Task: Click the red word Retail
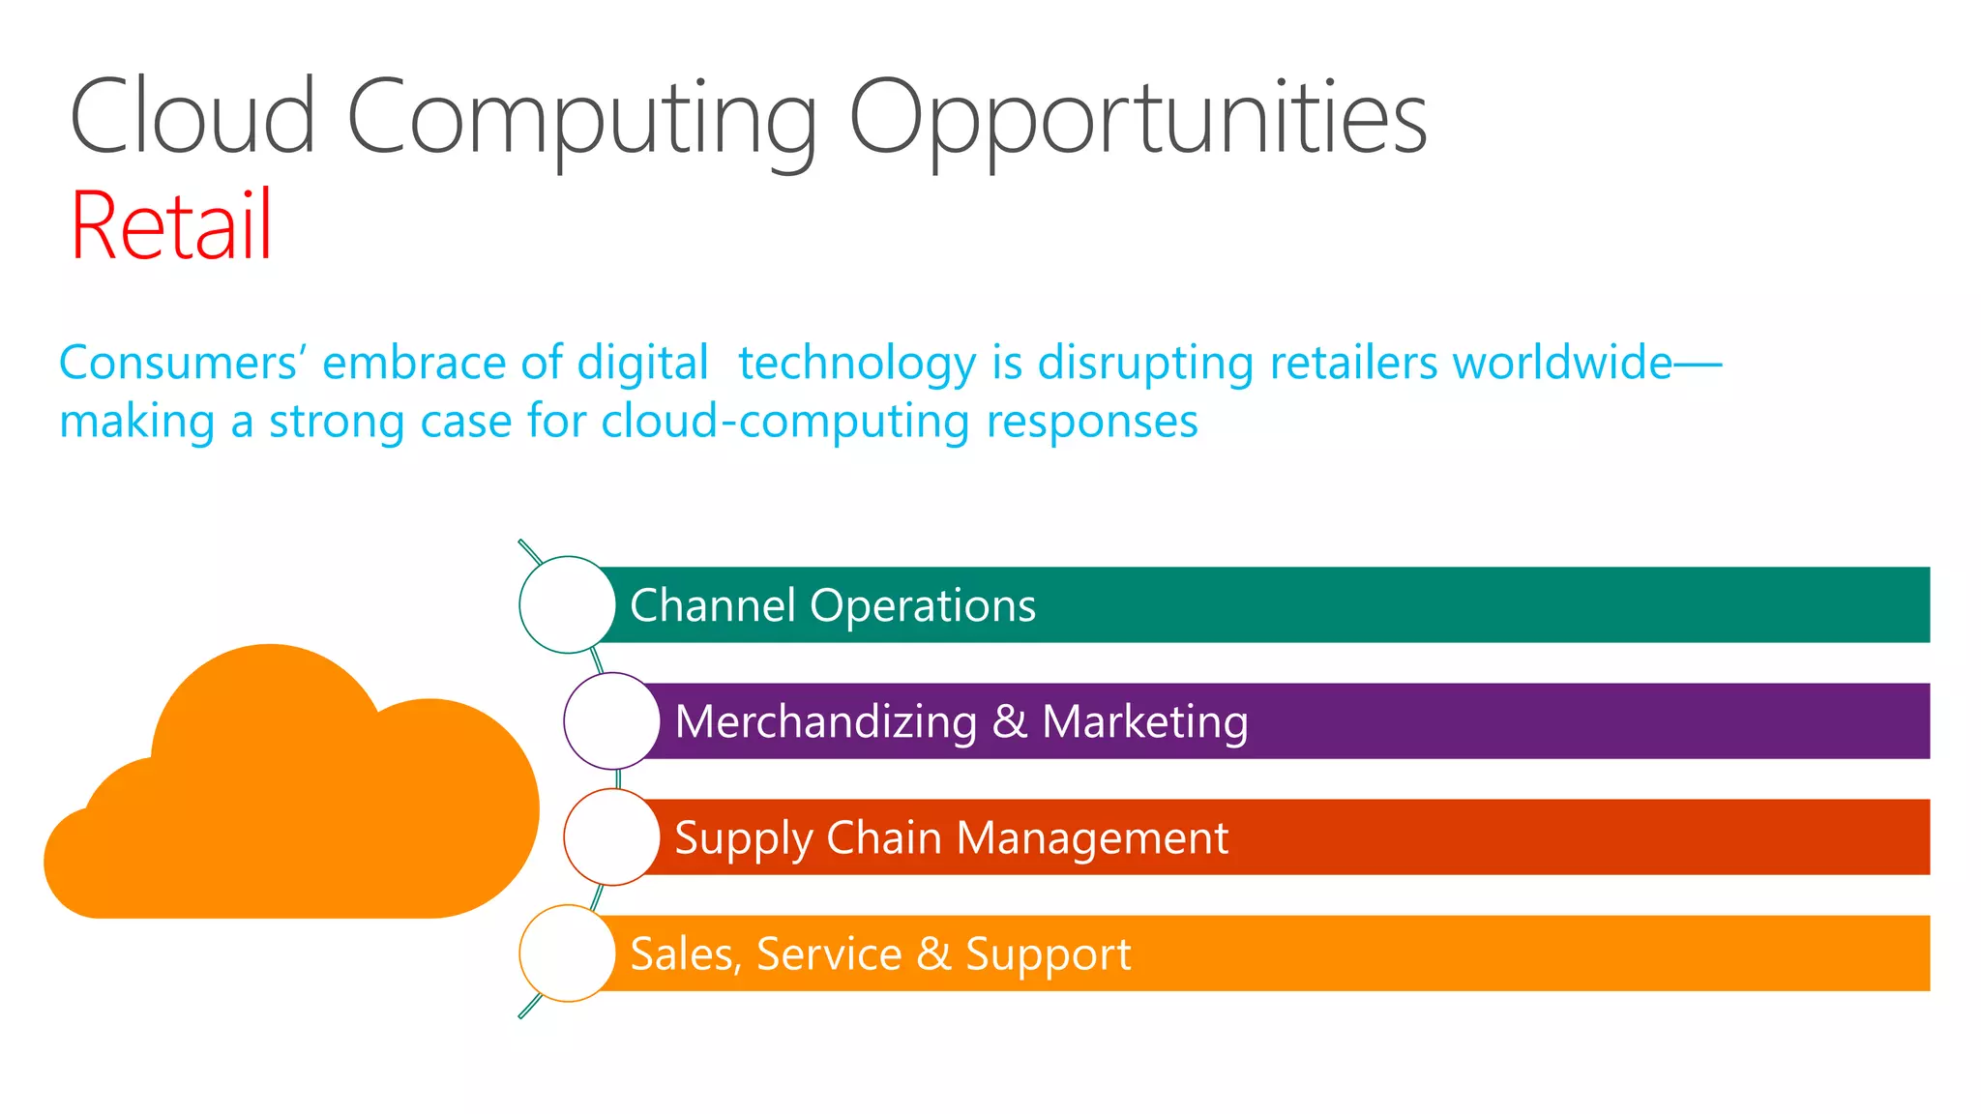[171, 225]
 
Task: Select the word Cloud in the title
[192, 117]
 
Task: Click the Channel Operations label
[833, 606]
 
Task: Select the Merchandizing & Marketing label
[961, 722]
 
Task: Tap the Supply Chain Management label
[951, 838]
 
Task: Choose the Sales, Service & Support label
[880, 954]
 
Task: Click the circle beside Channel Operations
[568, 604]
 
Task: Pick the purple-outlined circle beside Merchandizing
[612, 720]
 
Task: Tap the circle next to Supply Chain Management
[612, 836]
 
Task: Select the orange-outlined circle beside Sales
[568, 953]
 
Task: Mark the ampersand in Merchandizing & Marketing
[1009, 722]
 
